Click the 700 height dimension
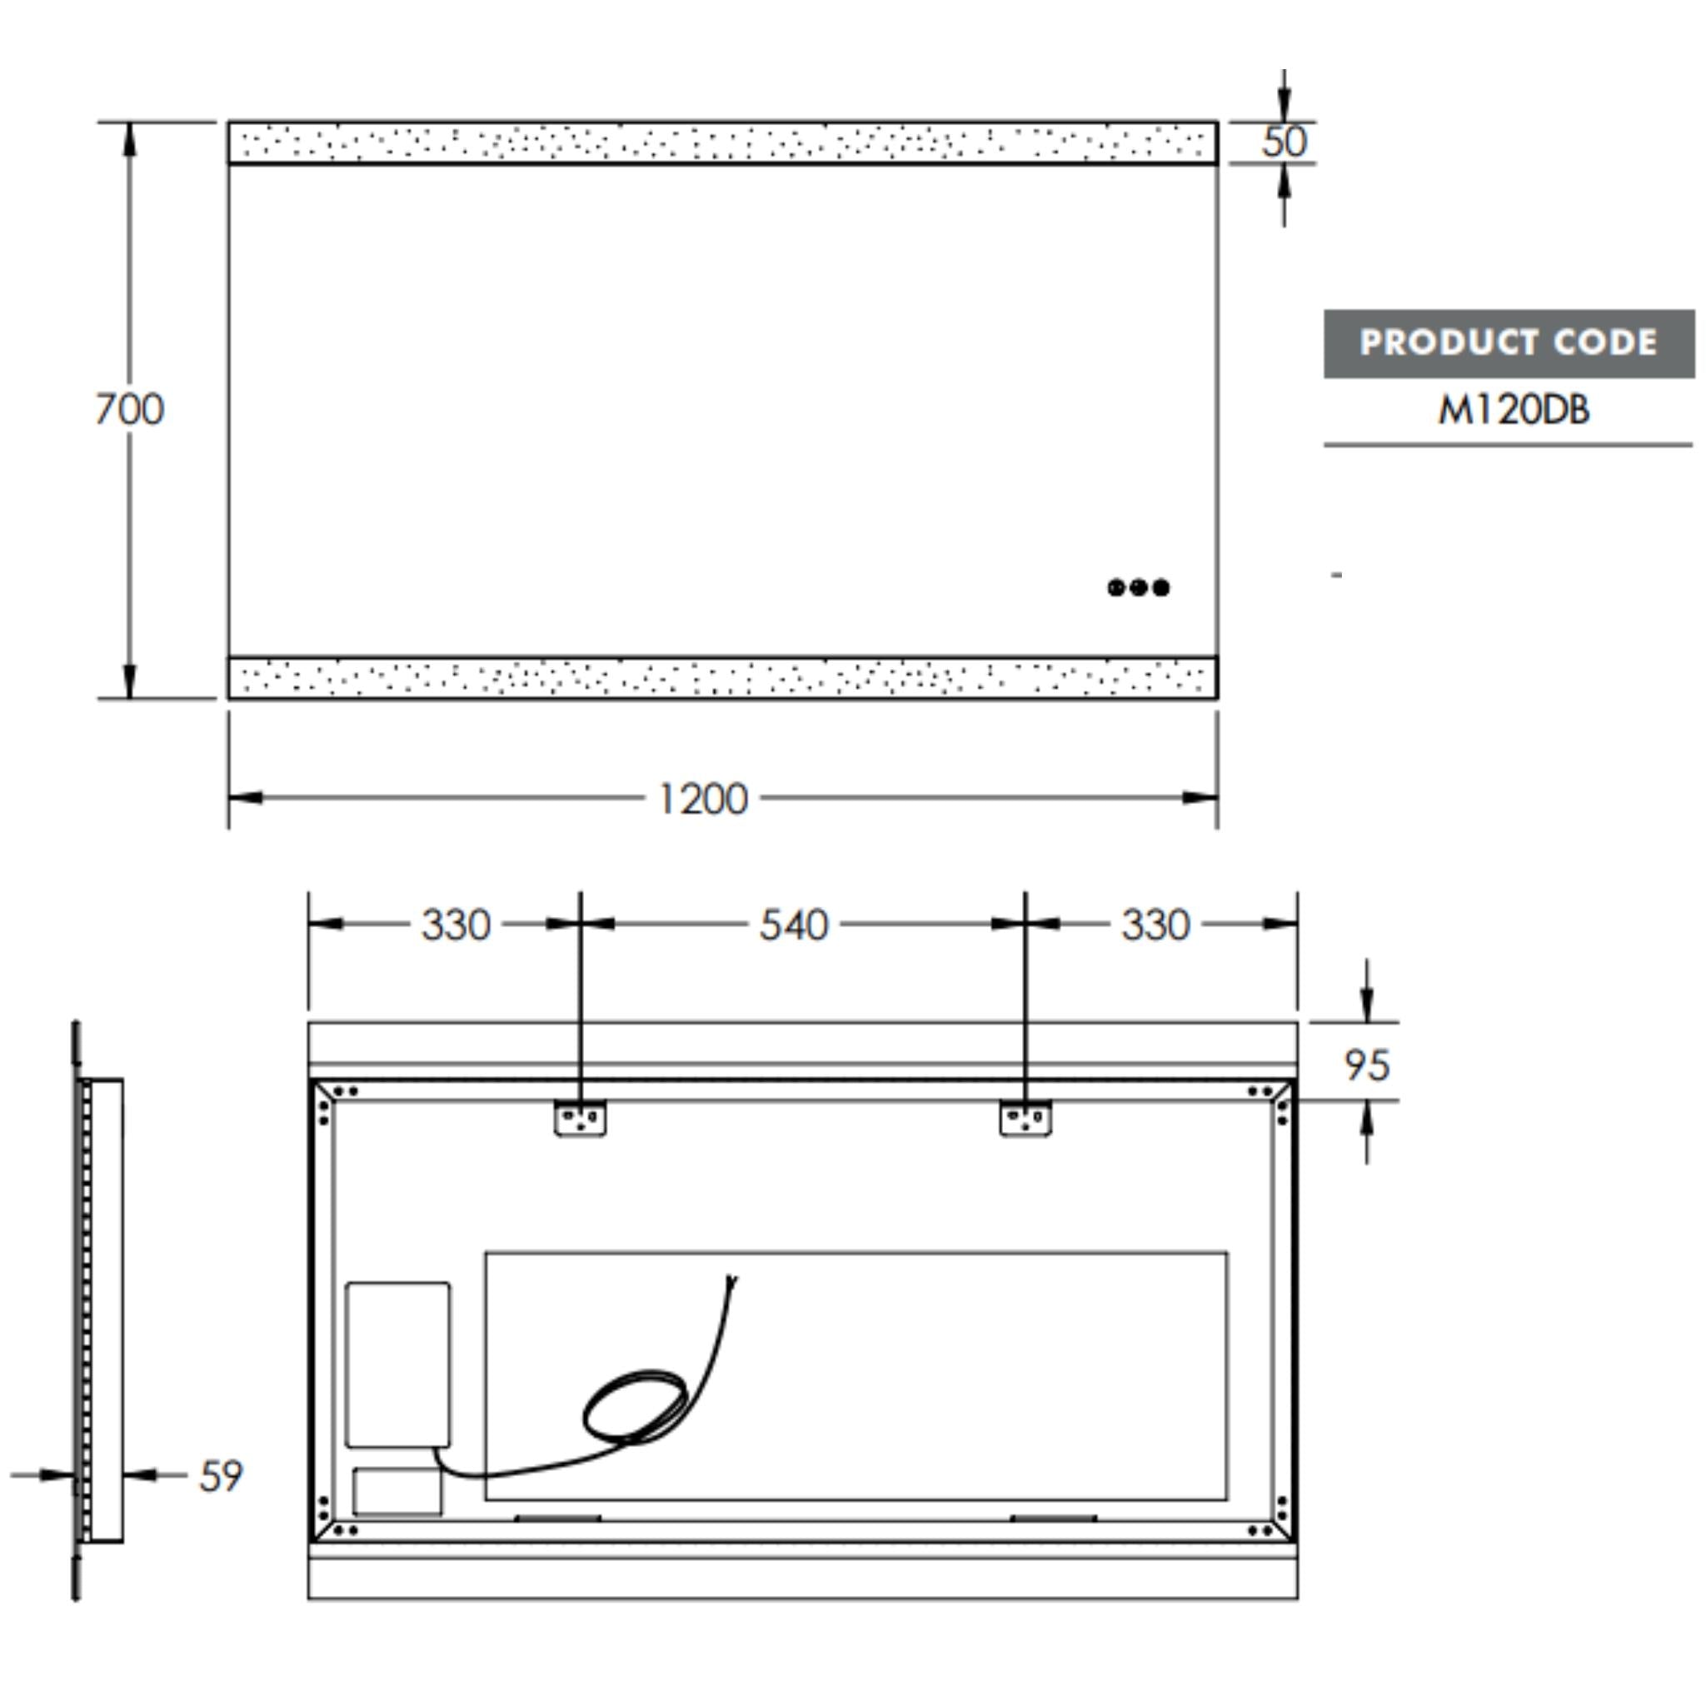[129, 410]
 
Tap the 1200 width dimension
[703, 799]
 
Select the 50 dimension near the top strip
[1283, 142]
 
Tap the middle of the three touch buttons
[1138, 587]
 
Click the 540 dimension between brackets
[794, 925]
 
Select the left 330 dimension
[456, 925]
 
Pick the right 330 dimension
[1156, 925]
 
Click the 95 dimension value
[1367, 1065]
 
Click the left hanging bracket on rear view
[580, 1119]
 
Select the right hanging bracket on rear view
[1025, 1119]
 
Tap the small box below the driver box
[397, 1491]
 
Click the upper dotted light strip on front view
[722, 143]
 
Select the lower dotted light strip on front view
[722, 678]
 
